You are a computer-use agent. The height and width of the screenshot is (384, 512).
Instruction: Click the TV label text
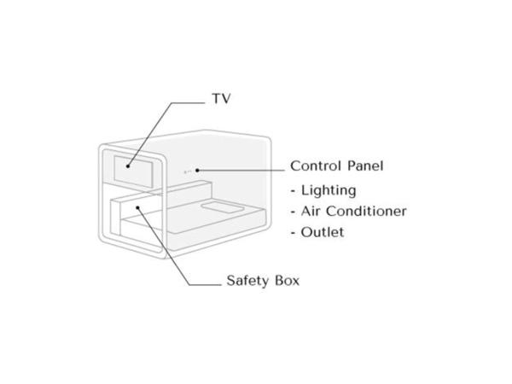pos(221,98)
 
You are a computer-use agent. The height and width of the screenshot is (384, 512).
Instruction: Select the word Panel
pos(365,166)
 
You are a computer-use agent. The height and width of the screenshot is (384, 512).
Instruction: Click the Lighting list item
pos(329,190)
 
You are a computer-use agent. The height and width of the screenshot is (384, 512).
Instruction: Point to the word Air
pos(311,211)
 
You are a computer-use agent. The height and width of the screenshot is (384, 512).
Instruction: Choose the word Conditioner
pos(366,211)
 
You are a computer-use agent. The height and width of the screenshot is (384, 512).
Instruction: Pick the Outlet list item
pos(323,232)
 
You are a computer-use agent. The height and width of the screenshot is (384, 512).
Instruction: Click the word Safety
pos(247,281)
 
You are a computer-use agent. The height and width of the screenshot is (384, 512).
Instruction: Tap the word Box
pos(287,281)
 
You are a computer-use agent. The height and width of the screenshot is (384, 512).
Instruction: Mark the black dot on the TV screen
pos(128,166)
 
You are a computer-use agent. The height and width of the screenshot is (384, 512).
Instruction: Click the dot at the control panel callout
pos(197,170)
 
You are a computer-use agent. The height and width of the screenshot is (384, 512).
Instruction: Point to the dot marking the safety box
pos(137,207)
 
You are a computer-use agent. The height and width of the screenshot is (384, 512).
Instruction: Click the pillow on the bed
pos(223,207)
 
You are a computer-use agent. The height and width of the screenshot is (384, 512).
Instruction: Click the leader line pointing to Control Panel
pos(241,170)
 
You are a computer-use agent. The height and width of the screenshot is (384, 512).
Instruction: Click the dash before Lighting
pos(293,191)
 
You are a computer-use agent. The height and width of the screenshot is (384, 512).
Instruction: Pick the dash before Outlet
pos(293,233)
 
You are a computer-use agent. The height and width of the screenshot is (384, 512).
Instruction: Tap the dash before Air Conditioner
pos(293,212)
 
